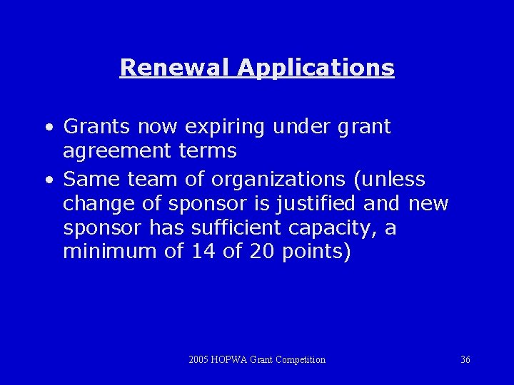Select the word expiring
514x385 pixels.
[x=224, y=128]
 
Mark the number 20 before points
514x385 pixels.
[x=261, y=252]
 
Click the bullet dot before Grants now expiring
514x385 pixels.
[x=47, y=128]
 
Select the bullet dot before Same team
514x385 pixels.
[x=47, y=180]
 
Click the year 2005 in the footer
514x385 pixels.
[x=198, y=360]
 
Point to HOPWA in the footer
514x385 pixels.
[x=230, y=360]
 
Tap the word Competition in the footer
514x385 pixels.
[x=300, y=360]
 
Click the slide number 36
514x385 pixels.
[x=465, y=360]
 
